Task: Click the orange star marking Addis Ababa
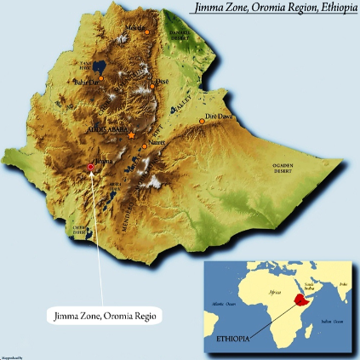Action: point(131,135)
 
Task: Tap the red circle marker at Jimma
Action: point(91,167)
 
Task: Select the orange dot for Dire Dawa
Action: point(203,121)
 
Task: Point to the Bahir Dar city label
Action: point(87,83)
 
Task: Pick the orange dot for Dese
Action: point(152,84)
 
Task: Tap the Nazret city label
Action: point(156,141)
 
